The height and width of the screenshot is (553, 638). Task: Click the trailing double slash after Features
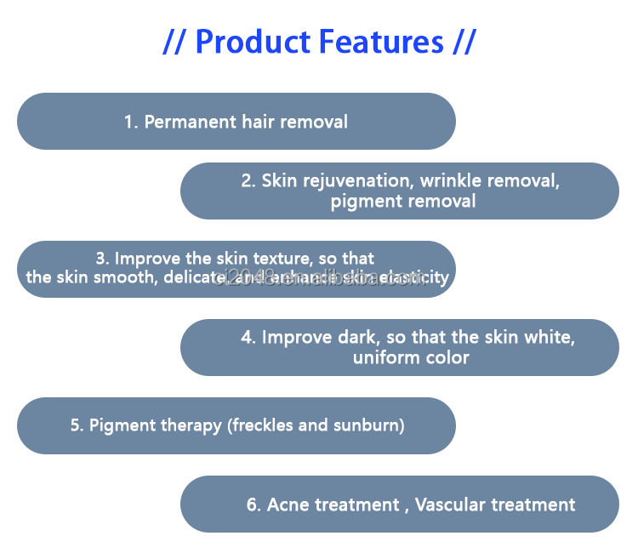[463, 41]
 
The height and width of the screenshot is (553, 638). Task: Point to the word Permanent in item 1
[185, 122]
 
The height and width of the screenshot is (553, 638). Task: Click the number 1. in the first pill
[131, 122]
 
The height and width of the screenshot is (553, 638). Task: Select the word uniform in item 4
[381, 357]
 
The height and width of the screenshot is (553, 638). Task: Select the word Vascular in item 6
[449, 505]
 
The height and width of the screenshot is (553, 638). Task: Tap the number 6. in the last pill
[253, 505]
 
